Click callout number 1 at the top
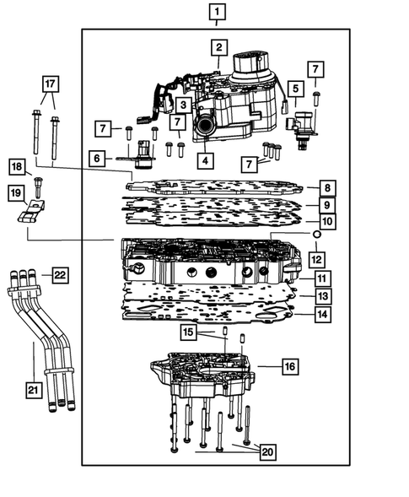218,12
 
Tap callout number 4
204,158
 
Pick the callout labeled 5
295,88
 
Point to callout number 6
98,158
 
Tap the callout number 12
316,257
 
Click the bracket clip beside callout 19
30,212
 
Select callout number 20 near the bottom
267,453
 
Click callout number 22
60,275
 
